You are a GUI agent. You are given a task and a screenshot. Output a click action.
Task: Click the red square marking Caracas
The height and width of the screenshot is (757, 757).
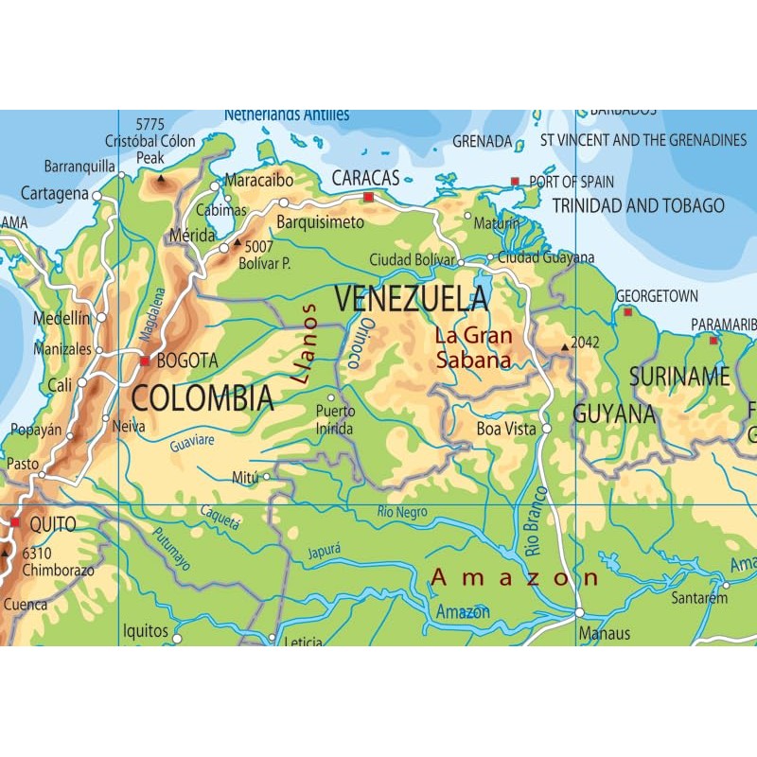tap(368, 197)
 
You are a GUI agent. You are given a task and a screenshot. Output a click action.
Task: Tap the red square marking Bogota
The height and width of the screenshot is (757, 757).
tap(145, 361)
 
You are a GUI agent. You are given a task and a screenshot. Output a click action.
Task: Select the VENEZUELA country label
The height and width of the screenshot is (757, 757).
tap(412, 299)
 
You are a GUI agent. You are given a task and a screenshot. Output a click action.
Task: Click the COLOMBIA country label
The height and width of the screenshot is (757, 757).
tap(202, 398)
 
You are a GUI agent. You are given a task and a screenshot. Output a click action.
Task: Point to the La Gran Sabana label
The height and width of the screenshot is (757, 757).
tap(473, 347)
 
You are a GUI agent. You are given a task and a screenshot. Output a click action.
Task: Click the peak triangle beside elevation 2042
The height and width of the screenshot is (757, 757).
tap(565, 347)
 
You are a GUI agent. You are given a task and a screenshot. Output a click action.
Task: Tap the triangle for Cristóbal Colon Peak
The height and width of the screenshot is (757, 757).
tap(160, 177)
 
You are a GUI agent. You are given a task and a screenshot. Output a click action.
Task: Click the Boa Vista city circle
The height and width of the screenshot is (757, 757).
tap(546, 429)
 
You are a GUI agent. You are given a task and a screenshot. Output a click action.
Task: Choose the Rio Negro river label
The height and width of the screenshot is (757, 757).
tap(401, 512)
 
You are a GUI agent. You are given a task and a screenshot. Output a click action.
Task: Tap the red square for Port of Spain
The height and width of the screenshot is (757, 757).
tap(515, 181)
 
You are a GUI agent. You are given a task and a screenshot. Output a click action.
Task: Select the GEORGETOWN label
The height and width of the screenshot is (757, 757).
tap(657, 296)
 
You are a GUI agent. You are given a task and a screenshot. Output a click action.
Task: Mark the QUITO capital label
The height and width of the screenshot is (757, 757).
tap(52, 523)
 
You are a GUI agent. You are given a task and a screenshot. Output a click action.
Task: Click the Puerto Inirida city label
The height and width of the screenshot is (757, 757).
tap(336, 420)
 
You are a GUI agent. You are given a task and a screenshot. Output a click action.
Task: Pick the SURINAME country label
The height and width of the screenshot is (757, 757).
tap(679, 377)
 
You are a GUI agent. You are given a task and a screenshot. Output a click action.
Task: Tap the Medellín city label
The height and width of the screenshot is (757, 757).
tap(62, 319)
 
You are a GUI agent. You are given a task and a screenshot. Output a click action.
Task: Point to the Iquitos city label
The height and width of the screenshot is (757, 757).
tap(145, 631)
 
